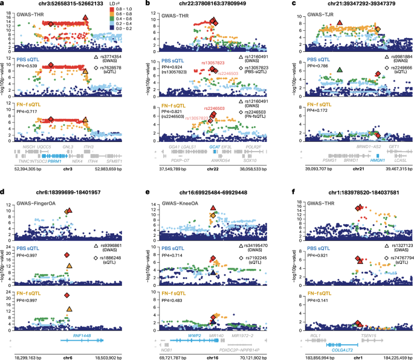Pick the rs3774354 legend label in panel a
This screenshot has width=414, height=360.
tap(110, 56)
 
